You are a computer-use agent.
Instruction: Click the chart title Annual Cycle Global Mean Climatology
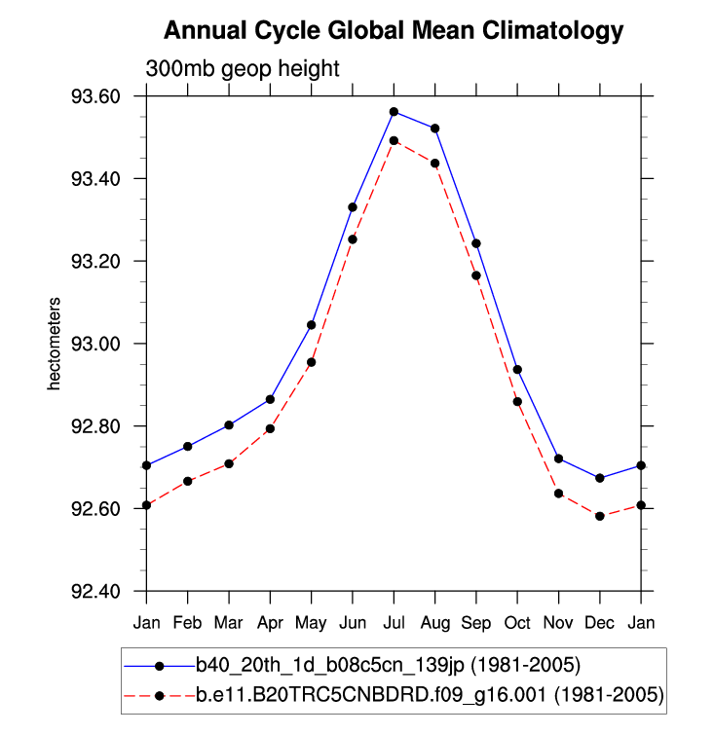tap(393, 30)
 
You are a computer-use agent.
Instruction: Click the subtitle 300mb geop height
tap(242, 69)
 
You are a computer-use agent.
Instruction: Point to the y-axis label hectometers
tap(56, 344)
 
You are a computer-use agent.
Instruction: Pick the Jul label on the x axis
tap(394, 620)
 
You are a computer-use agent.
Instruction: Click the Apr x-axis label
tap(270, 620)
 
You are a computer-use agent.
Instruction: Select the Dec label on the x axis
tap(600, 620)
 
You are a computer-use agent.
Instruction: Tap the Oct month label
tap(517, 620)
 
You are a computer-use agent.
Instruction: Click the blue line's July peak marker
tap(394, 112)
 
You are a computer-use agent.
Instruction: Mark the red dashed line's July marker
tap(394, 140)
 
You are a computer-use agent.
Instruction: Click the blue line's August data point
tap(435, 128)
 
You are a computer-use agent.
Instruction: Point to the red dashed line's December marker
tap(600, 516)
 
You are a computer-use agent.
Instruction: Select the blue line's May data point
tap(312, 324)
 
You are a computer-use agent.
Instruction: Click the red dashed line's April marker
tap(270, 428)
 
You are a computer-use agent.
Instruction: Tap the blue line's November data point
tap(559, 459)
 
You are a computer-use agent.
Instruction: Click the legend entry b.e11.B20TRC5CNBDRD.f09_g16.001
tap(395, 695)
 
